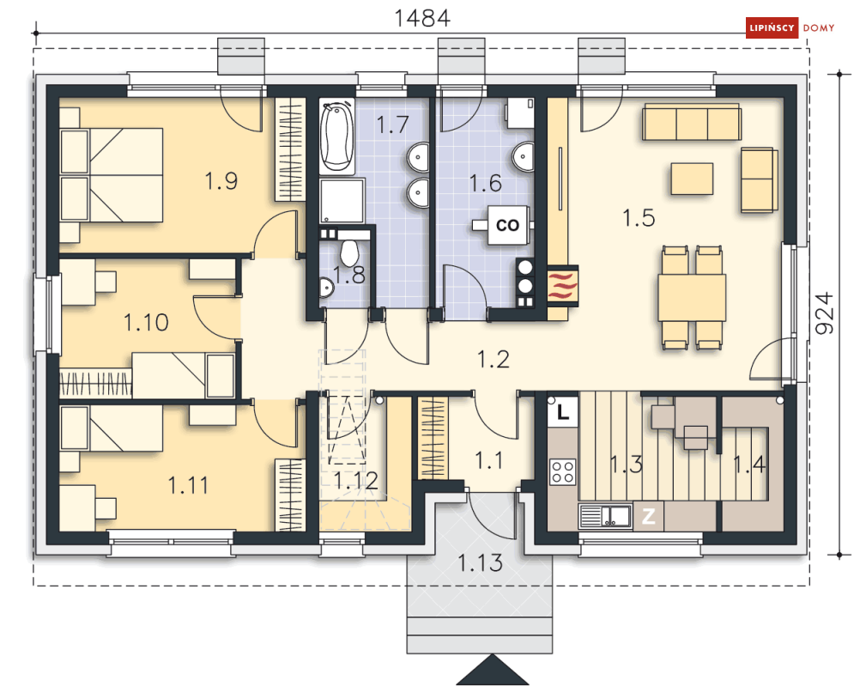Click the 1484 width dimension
pyautogui.click(x=422, y=18)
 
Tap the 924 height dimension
pyautogui.click(x=825, y=313)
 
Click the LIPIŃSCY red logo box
pyautogui.click(x=772, y=27)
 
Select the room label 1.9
pyautogui.click(x=221, y=181)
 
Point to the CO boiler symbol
pyautogui.click(x=507, y=224)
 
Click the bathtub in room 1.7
pyautogui.click(x=336, y=137)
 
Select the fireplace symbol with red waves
pyautogui.click(x=563, y=286)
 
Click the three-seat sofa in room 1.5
pyautogui.click(x=692, y=123)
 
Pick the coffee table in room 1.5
pyautogui.click(x=692, y=179)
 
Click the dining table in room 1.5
pyautogui.click(x=692, y=298)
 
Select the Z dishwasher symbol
pyautogui.click(x=648, y=516)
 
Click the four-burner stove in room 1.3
pyautogui.click(x=563, y=472)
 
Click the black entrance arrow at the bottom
pyautogui.click(x=493, y=670)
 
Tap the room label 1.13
pyautogui.click(x=480, y=563)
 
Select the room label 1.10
pyautogui.click(x=146, y=323)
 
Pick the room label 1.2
pyautogui.click(x=494, y=359)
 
